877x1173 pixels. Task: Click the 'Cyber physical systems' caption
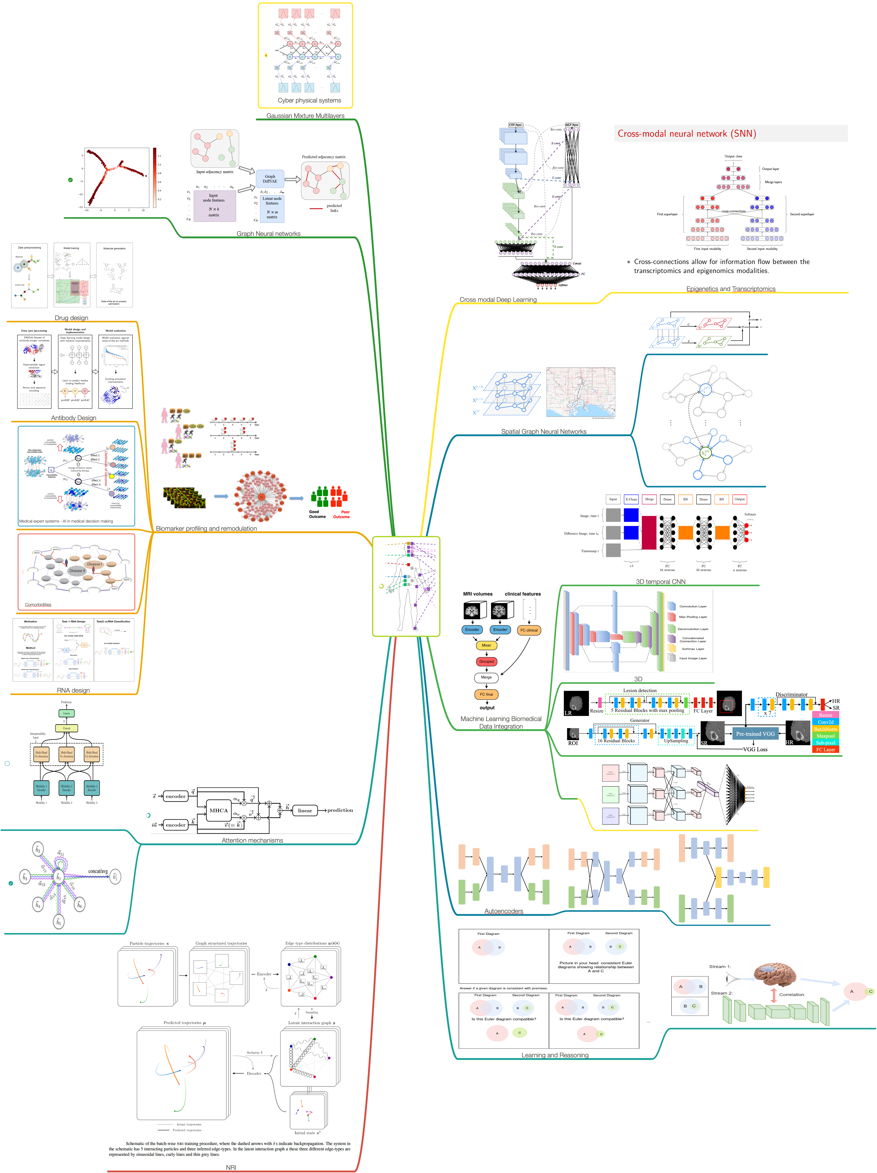click(309, 100)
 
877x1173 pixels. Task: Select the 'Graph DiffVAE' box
click(270, 179)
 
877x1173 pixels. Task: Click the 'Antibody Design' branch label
click(74, 418)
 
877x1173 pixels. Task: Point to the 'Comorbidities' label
click(38, 605)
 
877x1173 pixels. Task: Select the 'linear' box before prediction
click(305, 810)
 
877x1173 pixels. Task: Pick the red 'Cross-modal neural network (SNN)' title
click(687, 134)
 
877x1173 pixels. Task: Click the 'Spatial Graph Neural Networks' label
click(544, 432)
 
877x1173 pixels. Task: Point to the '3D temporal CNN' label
click(661, 582)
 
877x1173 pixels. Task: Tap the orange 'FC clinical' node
click(529, 630)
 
